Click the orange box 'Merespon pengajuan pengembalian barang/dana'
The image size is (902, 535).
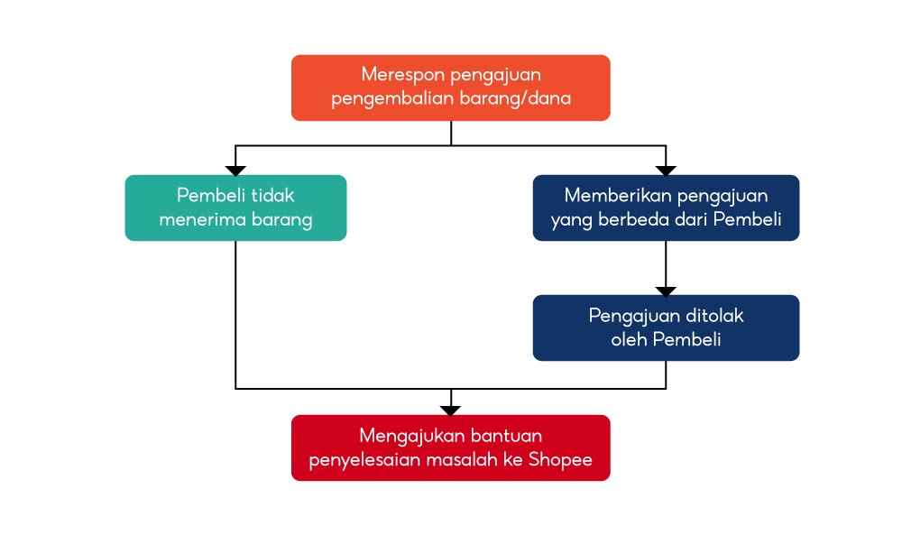click(x=450, y=88)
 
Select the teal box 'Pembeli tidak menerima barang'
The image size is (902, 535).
click(x=235, y=208)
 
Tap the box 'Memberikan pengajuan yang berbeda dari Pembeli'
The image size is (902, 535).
click(x=666, y=208)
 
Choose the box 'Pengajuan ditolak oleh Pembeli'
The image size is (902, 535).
click(x=666, y=327)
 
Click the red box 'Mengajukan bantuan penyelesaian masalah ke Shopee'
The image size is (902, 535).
click(x=450, y=447)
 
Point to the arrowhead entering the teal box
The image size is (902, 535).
click(x=235, y=171)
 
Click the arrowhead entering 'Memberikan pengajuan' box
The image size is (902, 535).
click(x=666, y=171)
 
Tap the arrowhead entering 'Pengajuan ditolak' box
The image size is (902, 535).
click(x=666, y=291)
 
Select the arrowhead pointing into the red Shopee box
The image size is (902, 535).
click(x=450, y=410)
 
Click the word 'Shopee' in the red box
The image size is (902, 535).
click(x=560, y=459)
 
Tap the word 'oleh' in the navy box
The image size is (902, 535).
click(x=626, y=339)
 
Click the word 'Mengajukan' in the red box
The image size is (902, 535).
click(x=408, y=436)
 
